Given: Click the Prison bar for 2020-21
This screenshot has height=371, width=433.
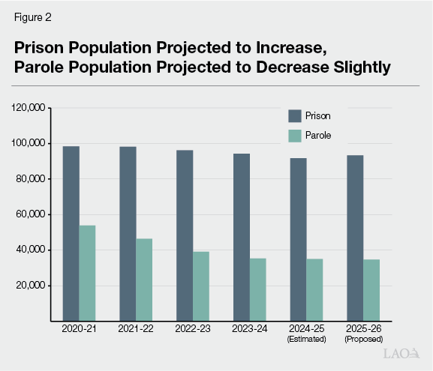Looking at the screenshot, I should (x=71, y=233).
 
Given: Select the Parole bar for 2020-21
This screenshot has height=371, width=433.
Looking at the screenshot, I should (x=87, y=273).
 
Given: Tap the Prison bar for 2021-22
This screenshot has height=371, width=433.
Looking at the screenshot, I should (x=128, y=233).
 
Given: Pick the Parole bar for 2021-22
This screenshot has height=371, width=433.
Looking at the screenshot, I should (x=144, y=280).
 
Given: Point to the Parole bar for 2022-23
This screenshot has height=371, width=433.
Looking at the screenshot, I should (x=201, y=286).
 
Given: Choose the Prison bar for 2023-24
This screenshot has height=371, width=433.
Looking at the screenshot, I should (x=241, y=237).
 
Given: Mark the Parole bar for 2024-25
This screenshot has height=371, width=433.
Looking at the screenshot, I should (x=314, y=289).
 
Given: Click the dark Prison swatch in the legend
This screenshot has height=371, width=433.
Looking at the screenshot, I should (x=294, y=116).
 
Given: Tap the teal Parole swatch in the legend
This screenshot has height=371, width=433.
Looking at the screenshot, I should (x=294, y=136).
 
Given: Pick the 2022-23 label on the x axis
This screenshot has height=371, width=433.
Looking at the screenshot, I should (x=193, y=329).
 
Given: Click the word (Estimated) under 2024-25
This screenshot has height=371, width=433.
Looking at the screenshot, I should (x=306, y=338).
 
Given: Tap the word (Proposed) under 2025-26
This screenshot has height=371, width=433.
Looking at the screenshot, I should (x=362, y=338).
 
